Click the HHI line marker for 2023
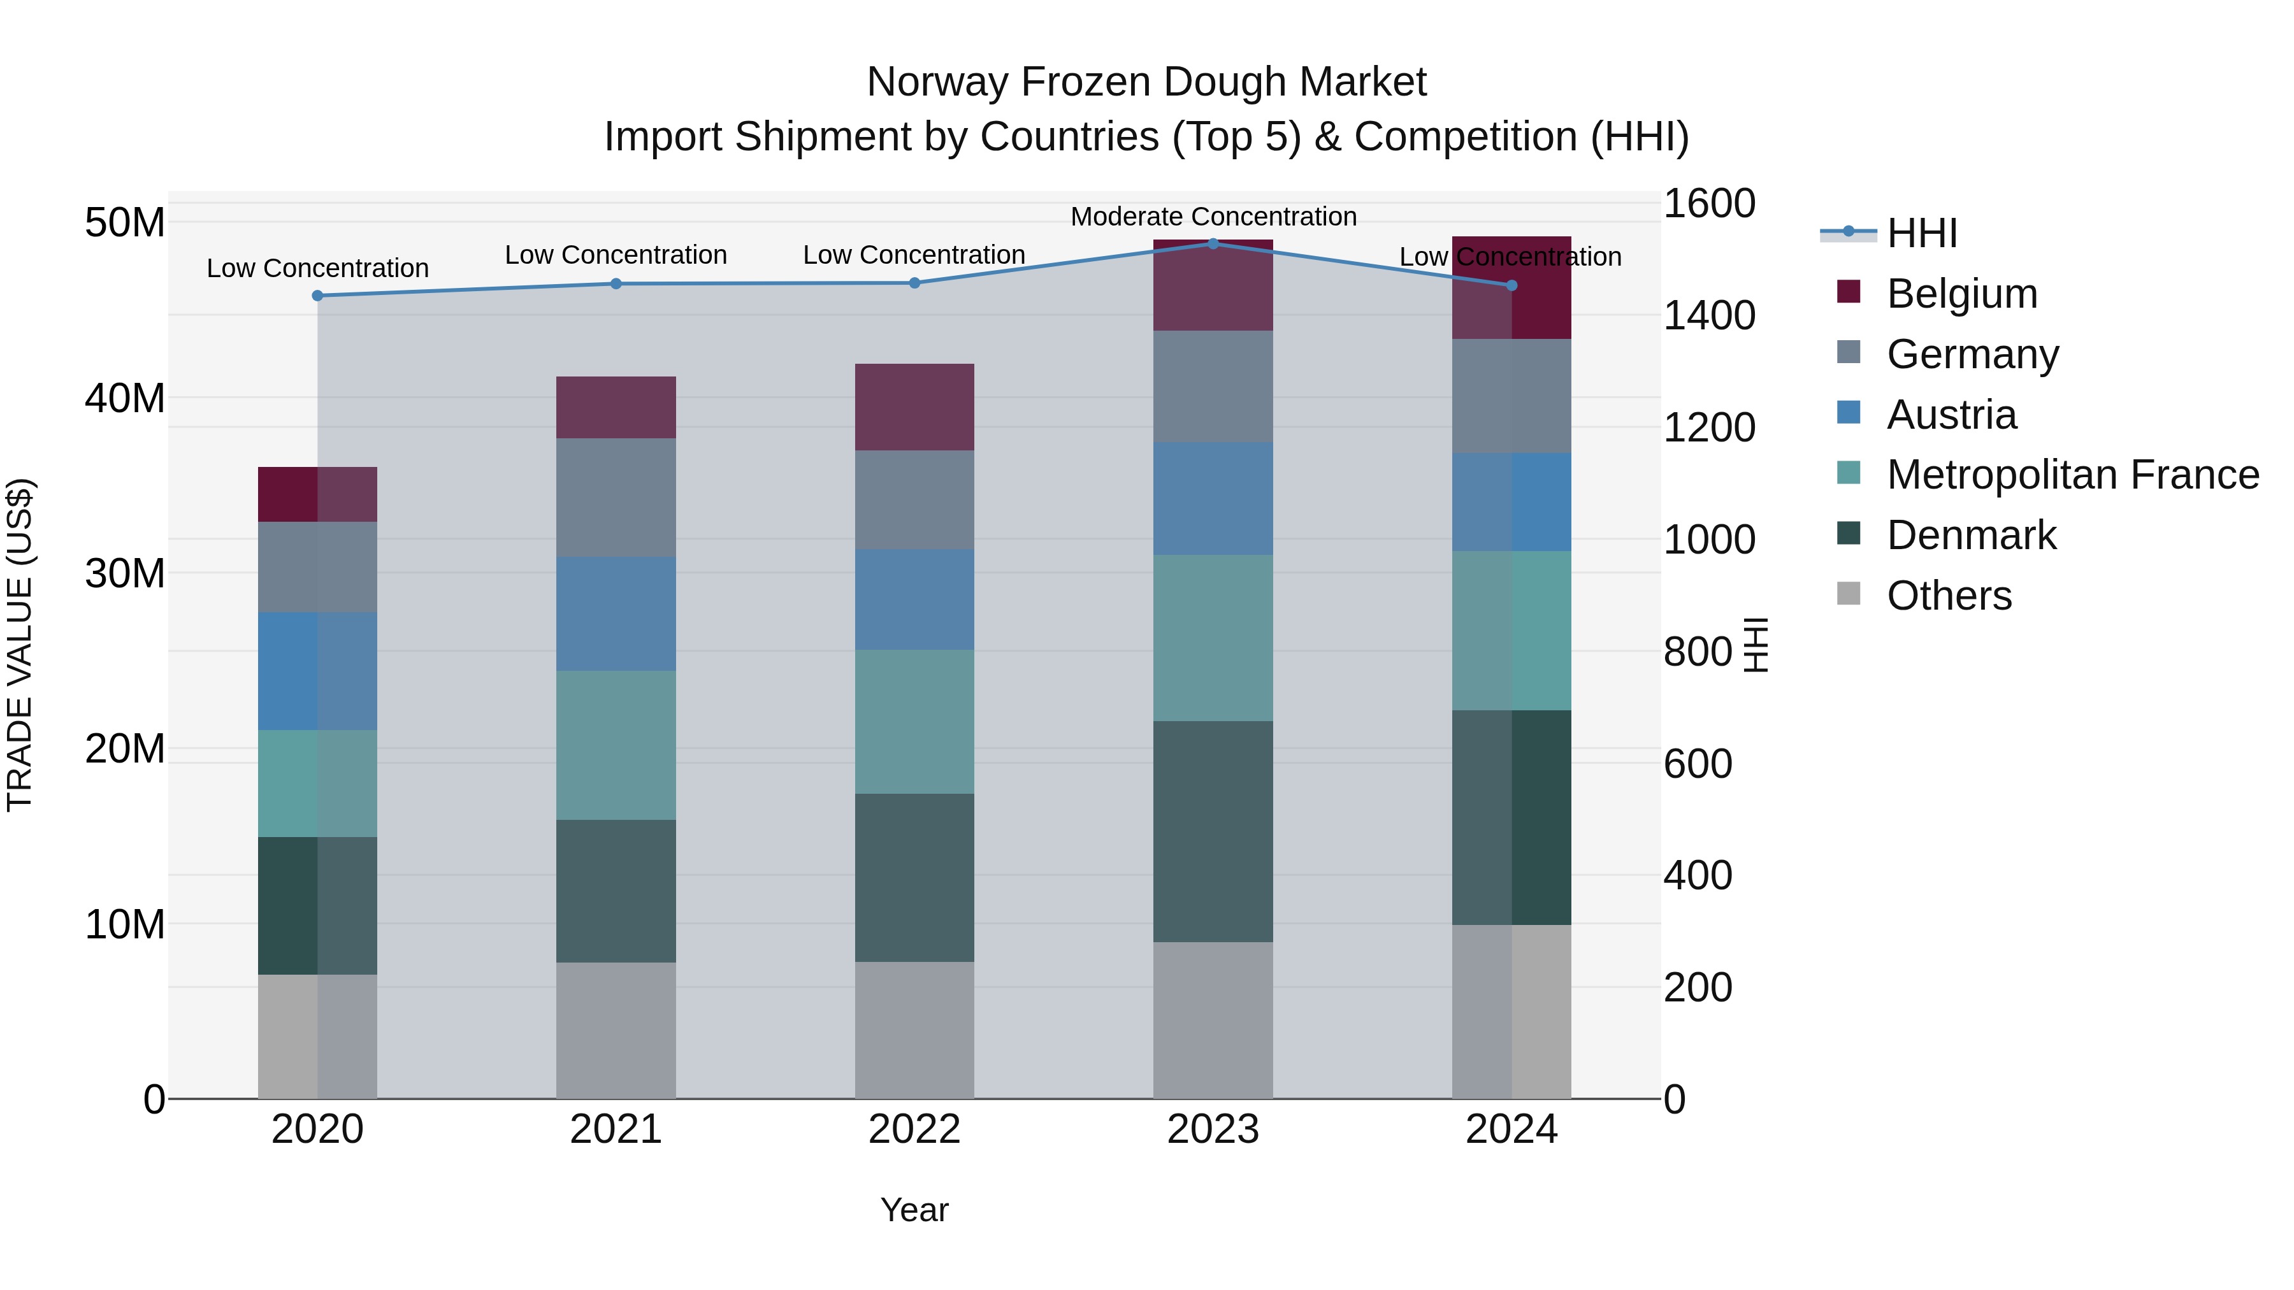(1212, 243)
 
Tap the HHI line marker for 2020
(317, 296)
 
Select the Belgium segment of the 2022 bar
(914, 407)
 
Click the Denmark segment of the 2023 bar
(1212, 831)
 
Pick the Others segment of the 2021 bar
(616, 1030)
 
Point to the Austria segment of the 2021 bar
(616, 613)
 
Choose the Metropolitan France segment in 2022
(914, 721)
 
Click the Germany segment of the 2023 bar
(1212, 387)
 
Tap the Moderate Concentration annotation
(1213, 217)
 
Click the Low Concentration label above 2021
(616, 255)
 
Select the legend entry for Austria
(1951, 415)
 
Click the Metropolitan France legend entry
(2072, 475)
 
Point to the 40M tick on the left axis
(125, 398)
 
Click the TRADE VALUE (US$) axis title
(20, 645)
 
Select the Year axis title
(914, 1210)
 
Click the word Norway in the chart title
(937, 82)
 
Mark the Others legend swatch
(1848, 594)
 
